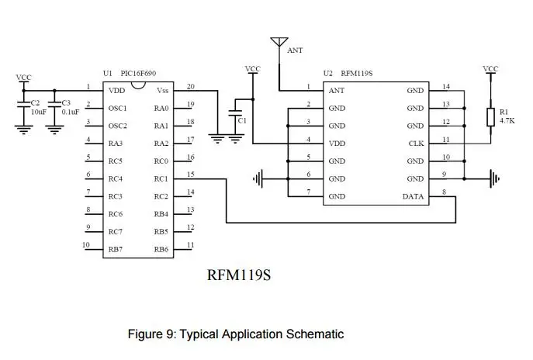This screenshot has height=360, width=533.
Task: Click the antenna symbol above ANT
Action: click(x=279, y=42)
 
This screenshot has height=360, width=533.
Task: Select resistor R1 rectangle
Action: click(x=490, y=117)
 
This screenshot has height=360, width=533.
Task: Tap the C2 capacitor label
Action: click(x=35, y=103)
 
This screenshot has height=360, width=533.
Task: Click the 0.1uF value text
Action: click(x=71, y=112)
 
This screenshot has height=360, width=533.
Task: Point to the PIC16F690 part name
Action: click(x=138, y=74)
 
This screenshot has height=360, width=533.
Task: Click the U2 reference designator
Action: click(x=327, y=74)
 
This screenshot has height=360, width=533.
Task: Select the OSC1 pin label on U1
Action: click(x=118, y=109)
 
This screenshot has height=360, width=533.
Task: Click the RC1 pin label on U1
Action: click(x=161, y=178)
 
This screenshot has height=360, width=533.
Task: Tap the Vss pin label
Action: click(x=162, y=91)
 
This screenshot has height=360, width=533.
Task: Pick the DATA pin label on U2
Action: click(x=413, y=196)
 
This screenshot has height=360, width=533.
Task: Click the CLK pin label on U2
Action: click(x=416, y=144)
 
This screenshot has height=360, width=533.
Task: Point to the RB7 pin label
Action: click(x=116, y=250)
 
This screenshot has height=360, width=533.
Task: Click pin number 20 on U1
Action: click(x=191, y=86)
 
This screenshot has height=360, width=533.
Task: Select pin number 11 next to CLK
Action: click(x=446, y=140)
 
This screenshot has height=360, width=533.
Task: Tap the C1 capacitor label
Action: click(x=242, y=121)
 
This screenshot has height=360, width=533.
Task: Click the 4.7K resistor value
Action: click(x=507, y=120)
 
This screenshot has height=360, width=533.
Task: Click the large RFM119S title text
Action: click(x=239, y=275)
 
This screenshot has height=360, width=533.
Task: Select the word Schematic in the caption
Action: click(x=315, y=334)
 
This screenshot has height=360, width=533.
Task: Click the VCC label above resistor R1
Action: click(x=490, y=69)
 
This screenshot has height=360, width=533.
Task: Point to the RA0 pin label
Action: click(x=161, y=109)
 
